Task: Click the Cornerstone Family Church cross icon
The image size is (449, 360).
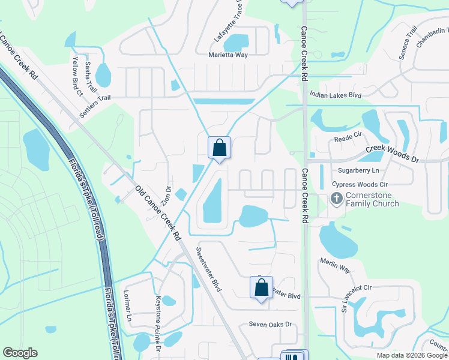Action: pyautogui.click(x=337, y=198)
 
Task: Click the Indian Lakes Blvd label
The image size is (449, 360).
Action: pyautogui.click(x=336, y=95)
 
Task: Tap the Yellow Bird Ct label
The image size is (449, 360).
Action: pyautogui.click(x=77, y=76)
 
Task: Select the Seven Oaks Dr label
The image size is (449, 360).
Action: pyautogui.click(x=270, y=325)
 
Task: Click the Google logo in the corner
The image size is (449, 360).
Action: pyautogui.click(x=20, y=353)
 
